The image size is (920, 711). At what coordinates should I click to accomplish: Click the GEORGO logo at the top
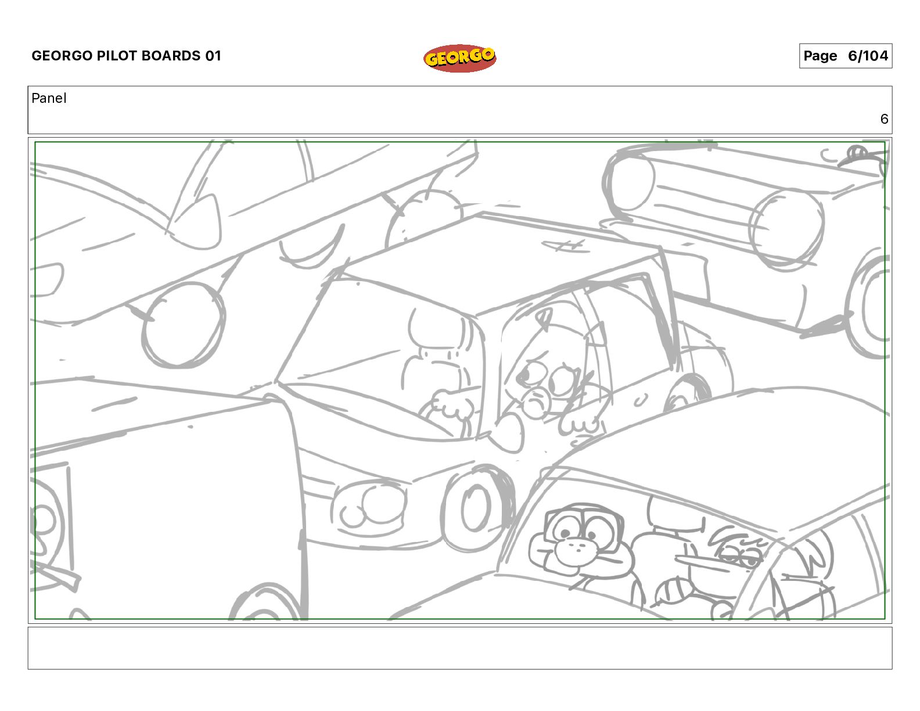[460, 58]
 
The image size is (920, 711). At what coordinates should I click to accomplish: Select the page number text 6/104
[868, 56]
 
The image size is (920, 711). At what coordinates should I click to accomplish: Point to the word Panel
[49, 98]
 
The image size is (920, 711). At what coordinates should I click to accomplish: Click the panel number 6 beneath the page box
[884, 119]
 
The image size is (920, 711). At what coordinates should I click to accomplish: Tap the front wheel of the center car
[477, 509]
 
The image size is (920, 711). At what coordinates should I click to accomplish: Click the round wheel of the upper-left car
[183, 324]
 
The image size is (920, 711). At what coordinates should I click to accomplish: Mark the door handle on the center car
[640, 400]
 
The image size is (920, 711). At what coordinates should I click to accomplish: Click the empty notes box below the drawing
[460, 648]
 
